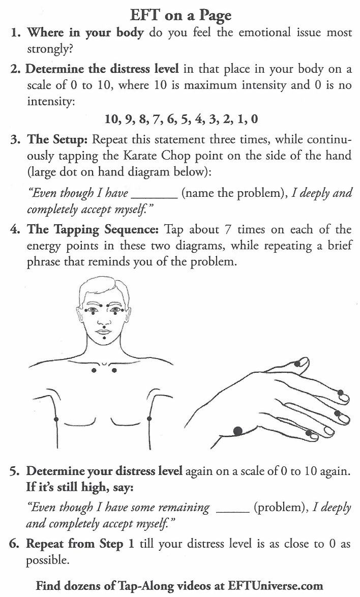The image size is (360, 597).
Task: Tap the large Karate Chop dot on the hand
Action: tap(236, 431)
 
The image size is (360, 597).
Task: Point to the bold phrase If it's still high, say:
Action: tap(80, 487)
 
